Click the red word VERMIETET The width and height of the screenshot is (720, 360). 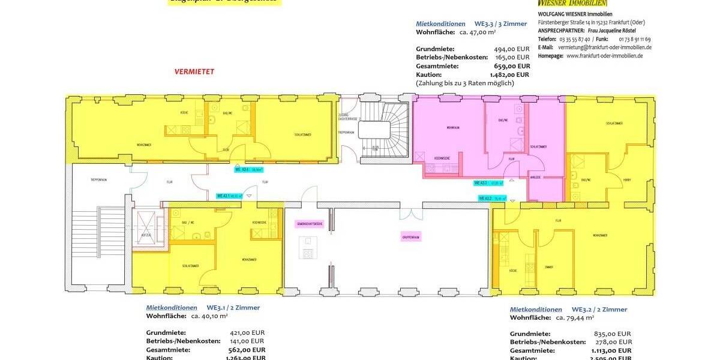pyautogui.click(x=194, y=71)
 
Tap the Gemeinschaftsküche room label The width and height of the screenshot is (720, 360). pyautogui.click(x=310, y=224)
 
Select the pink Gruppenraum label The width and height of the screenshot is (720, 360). pyautogui.click(x=410, y=238)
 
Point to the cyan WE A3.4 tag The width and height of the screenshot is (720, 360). pyautogui.click(x=250, y=170)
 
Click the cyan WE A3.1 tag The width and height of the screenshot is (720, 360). pyautogui.click(x=230, y=196)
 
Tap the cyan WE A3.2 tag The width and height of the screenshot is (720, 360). pyautogui.click(x=492, y=198)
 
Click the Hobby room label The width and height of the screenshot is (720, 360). pyautogui.click(x=627, y=179)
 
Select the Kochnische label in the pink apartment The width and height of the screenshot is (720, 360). pyautogui.click(x=442, y=158)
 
